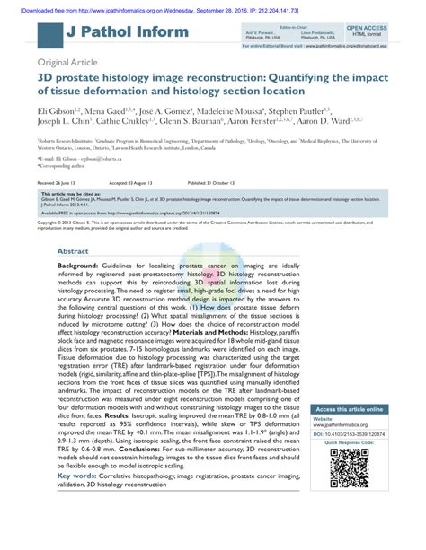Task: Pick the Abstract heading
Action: tap(73, 227)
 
